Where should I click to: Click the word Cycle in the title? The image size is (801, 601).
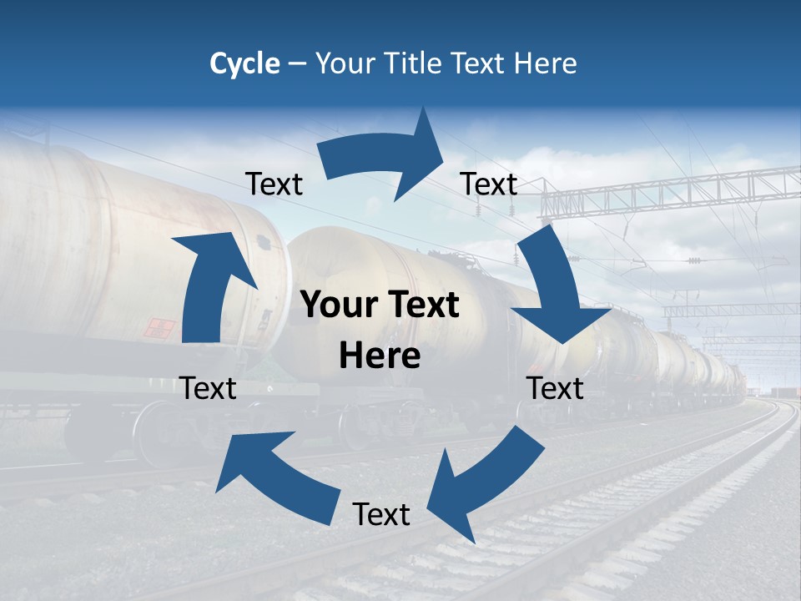click(x=244, y=63)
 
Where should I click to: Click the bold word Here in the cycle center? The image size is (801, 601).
click(x=380, y=356)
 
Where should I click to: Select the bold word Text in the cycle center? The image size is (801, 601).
click(x=421, y=305)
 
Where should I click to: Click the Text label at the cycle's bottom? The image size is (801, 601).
click(x=381, y=514)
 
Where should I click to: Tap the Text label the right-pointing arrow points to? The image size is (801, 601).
click(x=489, y=184)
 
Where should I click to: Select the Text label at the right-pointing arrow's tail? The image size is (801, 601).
click(x=274, y=184)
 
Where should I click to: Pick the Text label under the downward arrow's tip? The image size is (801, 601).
click(x=555, y=388)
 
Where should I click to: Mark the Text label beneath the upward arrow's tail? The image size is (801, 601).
click(x=208, y=388)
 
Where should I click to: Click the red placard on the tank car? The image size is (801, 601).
click(x=159, y=328)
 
